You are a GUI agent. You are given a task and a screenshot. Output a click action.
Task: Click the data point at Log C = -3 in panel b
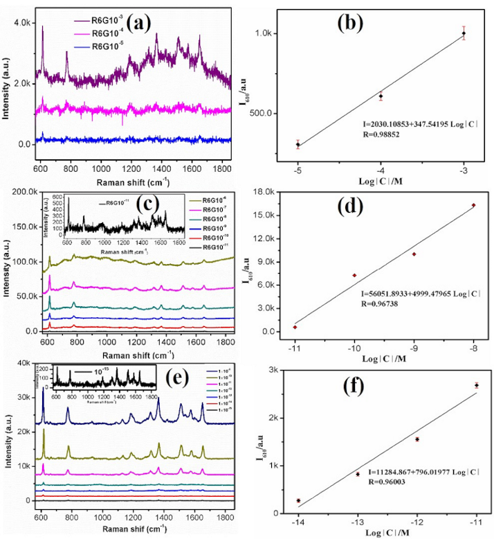click(464, 33)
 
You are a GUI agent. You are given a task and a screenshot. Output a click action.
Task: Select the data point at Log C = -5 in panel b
click(298, 144)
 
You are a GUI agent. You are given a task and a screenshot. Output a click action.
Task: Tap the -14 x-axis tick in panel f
click(298, 522)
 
